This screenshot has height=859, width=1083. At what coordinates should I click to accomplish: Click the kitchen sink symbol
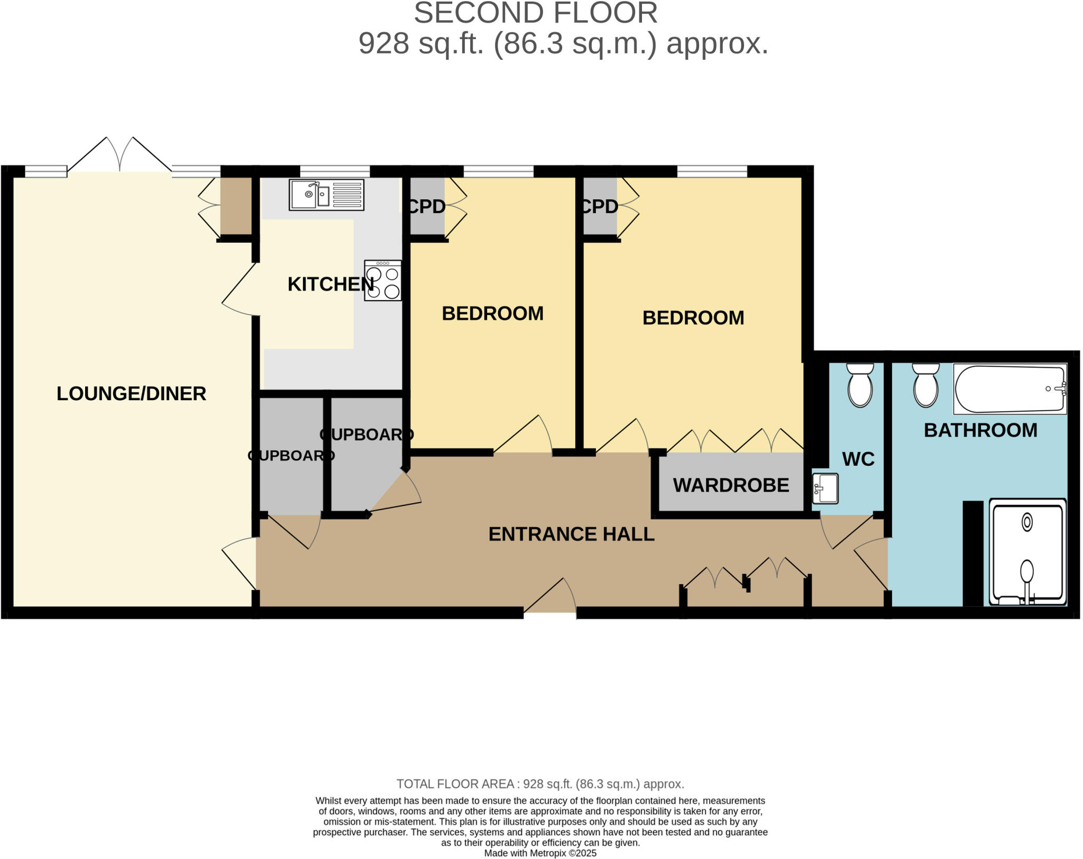coord(326,195)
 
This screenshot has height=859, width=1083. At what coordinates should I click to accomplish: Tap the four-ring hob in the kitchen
coord(383,281)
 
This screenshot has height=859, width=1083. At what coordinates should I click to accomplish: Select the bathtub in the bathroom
coord(1009,389)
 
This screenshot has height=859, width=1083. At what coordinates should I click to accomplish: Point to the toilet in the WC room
coord(860,385)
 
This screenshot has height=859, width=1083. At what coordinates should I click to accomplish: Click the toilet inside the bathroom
coord(925,385)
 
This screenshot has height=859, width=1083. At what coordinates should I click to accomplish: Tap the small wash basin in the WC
coord(825,487)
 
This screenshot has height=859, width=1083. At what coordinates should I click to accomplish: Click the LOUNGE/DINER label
coord(131,394)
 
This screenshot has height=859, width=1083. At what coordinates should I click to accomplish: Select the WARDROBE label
coord(731,485)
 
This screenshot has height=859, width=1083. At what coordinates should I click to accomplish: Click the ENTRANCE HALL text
coord(571,534)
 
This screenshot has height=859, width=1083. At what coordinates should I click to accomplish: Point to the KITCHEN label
coord(331,284)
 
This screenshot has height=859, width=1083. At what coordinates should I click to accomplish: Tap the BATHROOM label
coord(980,430)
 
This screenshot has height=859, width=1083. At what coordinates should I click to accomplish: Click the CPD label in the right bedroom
coord(599,207)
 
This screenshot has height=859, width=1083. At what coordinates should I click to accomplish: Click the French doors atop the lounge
coord(120,156)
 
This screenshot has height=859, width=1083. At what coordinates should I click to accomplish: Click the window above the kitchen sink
coord(335,171)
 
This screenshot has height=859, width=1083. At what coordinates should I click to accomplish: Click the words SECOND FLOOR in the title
coord(535,13)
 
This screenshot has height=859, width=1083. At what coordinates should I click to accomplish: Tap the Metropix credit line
coord(540,853)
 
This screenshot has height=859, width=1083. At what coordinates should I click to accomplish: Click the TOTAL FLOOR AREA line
coord(540,784)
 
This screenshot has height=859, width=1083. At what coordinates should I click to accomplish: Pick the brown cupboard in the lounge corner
coord(236,206)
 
